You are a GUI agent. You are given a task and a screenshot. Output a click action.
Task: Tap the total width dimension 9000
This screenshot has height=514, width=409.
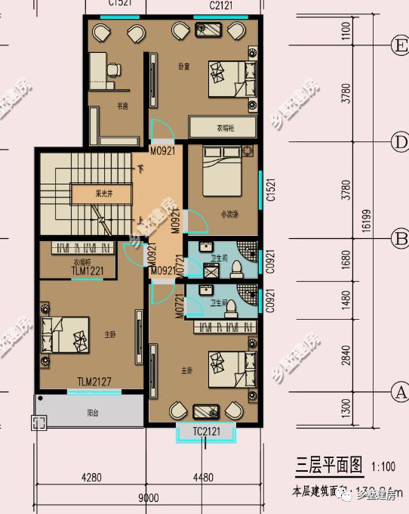pyautogui.click(x=148, y=497)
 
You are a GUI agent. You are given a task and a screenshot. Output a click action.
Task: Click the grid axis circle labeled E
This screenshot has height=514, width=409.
pyautogui.click(x=398, y=45)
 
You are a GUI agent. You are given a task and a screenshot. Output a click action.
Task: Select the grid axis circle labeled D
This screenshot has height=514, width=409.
pyautogui.click(x=398, y=141)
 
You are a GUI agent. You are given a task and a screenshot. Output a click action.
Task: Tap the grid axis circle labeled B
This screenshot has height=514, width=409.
pyautogui.click(x=398, y=239)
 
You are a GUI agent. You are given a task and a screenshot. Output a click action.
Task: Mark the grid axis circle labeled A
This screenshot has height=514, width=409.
pyautogui.click(x=398, y=392)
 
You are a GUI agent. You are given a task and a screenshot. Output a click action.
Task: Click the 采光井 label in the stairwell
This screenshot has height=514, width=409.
pyautogui.click(x=98, y=193)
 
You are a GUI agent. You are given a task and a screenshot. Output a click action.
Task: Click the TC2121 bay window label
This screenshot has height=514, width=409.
pyautogui.click(x=206, y=432)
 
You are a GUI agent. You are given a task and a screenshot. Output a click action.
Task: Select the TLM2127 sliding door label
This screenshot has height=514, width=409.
pyautogui.click(x=94, y=382)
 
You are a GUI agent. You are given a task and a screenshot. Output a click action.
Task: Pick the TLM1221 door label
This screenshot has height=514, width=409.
pyautogui.click(x=87, y=271)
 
